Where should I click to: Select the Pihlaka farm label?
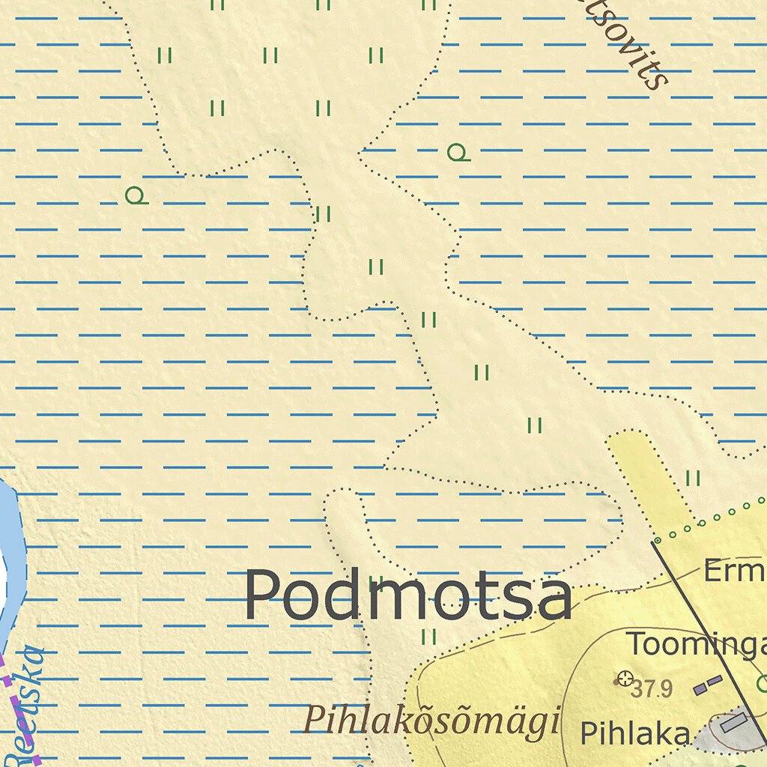[x=634, y=733]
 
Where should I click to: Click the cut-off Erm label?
[x=734, y=572]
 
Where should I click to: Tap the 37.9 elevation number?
[x=652, y=689]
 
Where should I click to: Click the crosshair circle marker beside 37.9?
[x=623, y=679]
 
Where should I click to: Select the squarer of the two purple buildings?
[x=700, y=688]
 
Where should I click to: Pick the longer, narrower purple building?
[x=715, y=681]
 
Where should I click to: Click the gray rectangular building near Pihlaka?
[x=732, y=723]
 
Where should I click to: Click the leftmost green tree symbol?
[x=136, y=196]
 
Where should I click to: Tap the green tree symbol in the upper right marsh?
[x=457, y=153]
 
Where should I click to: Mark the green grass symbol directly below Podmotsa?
[x=428, y=637]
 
